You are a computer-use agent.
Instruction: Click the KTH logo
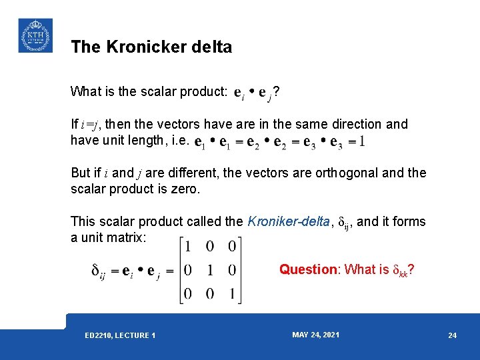pyautogui.click(x=35, y=35)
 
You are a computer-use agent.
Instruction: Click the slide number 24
pyautogui.click(x=453, y=335)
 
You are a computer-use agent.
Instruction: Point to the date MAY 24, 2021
pyautogui.click(x=315, y=335)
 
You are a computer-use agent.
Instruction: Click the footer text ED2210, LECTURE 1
pyautogui.click(x=120, y=335)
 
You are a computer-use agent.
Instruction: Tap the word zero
pyautogui.click(x=184, y=189)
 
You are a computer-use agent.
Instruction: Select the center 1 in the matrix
pyautogui.click(x=209, y=270)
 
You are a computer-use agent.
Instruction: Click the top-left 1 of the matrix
pyautogui.click(x=188, y=247)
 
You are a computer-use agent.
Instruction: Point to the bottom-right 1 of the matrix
pyautogui.click(x=231, y=293)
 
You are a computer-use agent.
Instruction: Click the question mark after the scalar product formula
pyautogui.click(x=276, y=91)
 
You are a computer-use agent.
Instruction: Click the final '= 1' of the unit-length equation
pyautogui.click(x=357, y=141)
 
